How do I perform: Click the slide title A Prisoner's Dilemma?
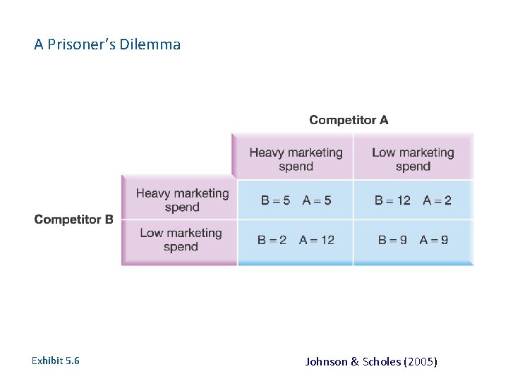pyautogui.click(x=107, y=44)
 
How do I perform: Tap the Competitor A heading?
pyautogui.click(x=349, y=120)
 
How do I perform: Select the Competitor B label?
pyautogui.click(x=73, y=219)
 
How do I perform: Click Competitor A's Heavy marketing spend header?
pyautogui.click(x=296, y=159)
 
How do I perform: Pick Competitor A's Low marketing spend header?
pyautogui.click(x=413, y=159)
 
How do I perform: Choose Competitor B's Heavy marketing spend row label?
pyautogui.click(x=183, y=200)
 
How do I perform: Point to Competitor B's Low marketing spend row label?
pyautogui.click(x=181, y=239)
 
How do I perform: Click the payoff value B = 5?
pyautogui.click(x=275, y=200)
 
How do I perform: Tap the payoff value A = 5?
pyautogui.click(x=317, y=200)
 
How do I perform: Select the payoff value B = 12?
pyautogui.click(x=392, y=200)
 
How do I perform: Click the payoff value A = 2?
pyautogui.click(x=437, y=200)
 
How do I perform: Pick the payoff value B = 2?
pyautogui.click(x=272, y=240)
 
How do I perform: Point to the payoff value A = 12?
pyautogui.click(x=317, y=240)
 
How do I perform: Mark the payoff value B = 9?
pyautogui.click(x=392, y=240)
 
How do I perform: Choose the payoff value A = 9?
pyautogui.click(x=434, y=240)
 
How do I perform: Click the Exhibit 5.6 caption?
pyautogui.click(x=56, y=361)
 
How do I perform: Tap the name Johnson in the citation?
pyautogui.click(x=326, y=361)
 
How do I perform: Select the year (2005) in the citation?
pyautogui.click(x=421, y=361)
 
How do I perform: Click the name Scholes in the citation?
pyautogui.click(x=382, y=361)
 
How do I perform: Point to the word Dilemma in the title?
pyautogui.click(x=150, y=44)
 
